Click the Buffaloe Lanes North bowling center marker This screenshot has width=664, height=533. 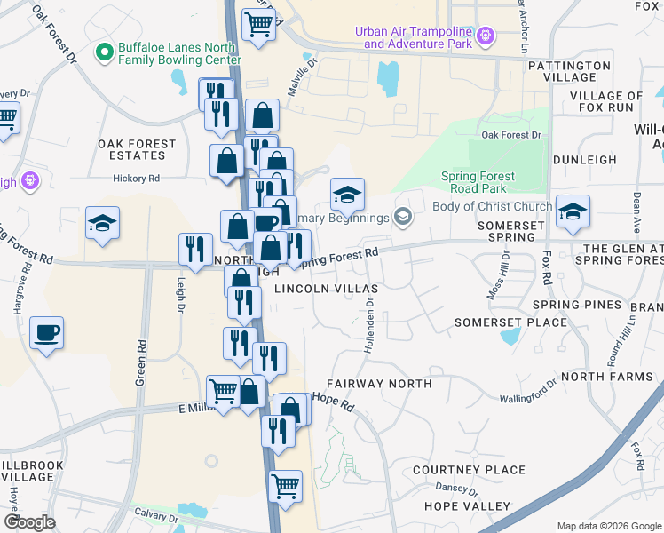pos(105,52)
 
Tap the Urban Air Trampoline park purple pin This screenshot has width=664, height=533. pos(485,36)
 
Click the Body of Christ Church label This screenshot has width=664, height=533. pos(492,207)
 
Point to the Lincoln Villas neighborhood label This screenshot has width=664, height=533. pos(326,290)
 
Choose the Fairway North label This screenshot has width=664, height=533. pos(378,384)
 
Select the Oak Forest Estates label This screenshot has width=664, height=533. pos(137,149)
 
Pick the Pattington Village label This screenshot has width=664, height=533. pos(569,71)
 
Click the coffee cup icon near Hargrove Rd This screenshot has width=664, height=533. pos(46,334)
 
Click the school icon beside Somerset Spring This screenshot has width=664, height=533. pos(573,211)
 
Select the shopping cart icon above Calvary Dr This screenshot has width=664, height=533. pos(285,486)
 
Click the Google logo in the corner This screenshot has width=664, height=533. pos(30,522)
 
